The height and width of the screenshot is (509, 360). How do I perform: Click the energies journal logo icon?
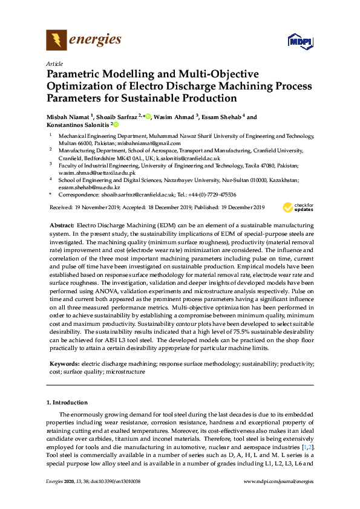(56, 41)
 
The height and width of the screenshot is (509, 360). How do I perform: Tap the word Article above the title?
(54, 63)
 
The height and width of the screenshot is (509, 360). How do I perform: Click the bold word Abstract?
(62, 224)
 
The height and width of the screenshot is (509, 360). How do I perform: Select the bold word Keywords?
(65, 364)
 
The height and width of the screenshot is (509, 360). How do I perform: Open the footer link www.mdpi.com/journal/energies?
(278, 481)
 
